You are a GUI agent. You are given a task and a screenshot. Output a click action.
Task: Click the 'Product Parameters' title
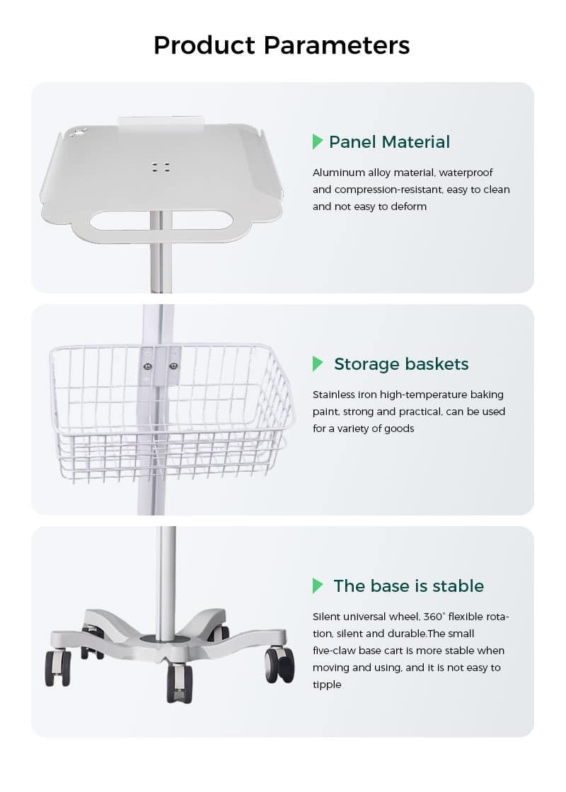tap(282, 45)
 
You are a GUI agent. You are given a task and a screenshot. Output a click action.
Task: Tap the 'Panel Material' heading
tap(389, 142)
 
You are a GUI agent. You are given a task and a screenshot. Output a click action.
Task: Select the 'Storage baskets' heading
tap(401, 363)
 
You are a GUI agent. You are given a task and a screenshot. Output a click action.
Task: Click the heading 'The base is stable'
tap(408, 586)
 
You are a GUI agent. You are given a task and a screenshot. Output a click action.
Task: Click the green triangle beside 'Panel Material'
tap(318, 141)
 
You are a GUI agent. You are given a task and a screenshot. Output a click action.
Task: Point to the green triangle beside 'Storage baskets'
tap(318, 363)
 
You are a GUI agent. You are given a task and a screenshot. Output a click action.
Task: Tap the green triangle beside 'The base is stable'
tap(318, 586)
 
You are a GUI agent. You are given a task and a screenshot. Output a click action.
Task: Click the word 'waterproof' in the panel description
tap(466, 173)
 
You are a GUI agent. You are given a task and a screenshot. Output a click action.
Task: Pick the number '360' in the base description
tap(433, 617)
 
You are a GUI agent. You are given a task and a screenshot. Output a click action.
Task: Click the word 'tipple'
tap(327, 685)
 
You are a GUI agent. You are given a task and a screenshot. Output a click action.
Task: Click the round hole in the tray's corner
tap(77, 133)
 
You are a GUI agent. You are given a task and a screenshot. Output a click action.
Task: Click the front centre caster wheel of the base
tap(180, 682)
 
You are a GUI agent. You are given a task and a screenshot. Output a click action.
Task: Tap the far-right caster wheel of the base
tap(279, 665)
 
